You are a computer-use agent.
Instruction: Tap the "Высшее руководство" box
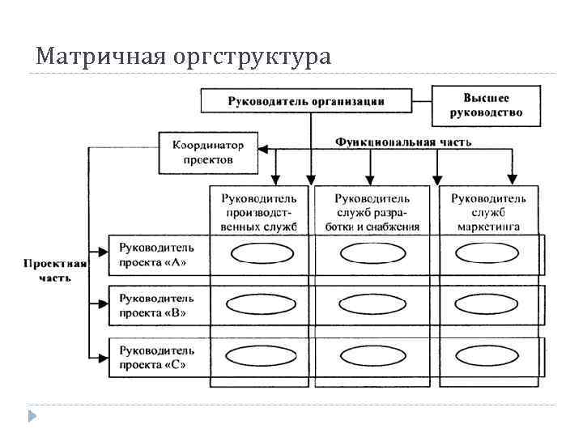click(x=486, y=105)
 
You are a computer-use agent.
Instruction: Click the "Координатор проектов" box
click(x=208, y=153)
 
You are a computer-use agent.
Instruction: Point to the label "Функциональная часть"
click(x=403, y=142)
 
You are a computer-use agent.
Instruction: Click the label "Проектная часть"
click(x=55, y=270)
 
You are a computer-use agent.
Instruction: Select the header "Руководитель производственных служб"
click(x=259, y=212)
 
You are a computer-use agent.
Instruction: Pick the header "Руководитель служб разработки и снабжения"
click(x=372, y=212)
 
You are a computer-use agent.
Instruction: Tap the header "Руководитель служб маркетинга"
click(x=488, y=212)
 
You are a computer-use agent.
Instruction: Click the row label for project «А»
click(x=157, y=253)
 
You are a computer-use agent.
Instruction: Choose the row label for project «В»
click(x=157, y=304)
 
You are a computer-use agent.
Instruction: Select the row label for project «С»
click(x=157, y=357)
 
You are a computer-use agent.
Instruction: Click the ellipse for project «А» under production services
click(x=257, y=254)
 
